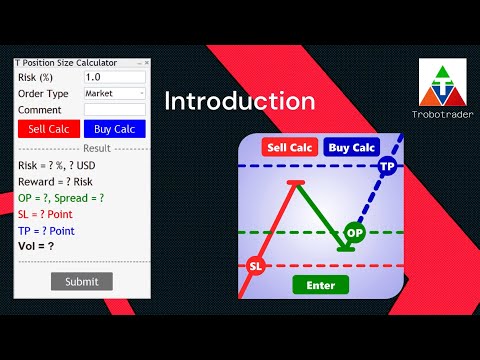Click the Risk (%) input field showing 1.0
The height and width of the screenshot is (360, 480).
pyautogui.click(x=114, y=77)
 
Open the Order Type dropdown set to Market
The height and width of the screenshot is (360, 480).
pyautogui.click(x=114, y=93)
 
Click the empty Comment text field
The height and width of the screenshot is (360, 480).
pyautogui.click(x=114, y=109)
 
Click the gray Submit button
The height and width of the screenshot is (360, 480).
pyautogui.click(x=82, y=281)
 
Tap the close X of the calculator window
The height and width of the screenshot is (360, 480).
pyautogui.click(x=146, y=61)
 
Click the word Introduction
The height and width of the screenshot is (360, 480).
pyautogui.click(x=239, y=101)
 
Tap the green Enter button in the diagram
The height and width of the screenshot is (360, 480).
pyautogui.click(x=320, y=285)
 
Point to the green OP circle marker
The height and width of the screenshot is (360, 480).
pyautogui.click(x=354, y=233)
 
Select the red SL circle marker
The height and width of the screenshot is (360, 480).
pyautogui.click(x=255, y=266)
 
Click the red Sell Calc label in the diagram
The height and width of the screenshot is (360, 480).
pyautogui.click(x=288, y=147)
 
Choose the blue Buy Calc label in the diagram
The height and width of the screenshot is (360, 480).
pyautogui.click(x=351, y=147)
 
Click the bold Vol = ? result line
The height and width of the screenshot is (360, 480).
pyautogui.click(x=37, y=246)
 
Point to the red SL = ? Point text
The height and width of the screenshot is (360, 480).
pyautogui.click(x=54, y=214)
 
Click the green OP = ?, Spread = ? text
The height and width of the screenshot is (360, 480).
pyautogui.click(x=61, y=198)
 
